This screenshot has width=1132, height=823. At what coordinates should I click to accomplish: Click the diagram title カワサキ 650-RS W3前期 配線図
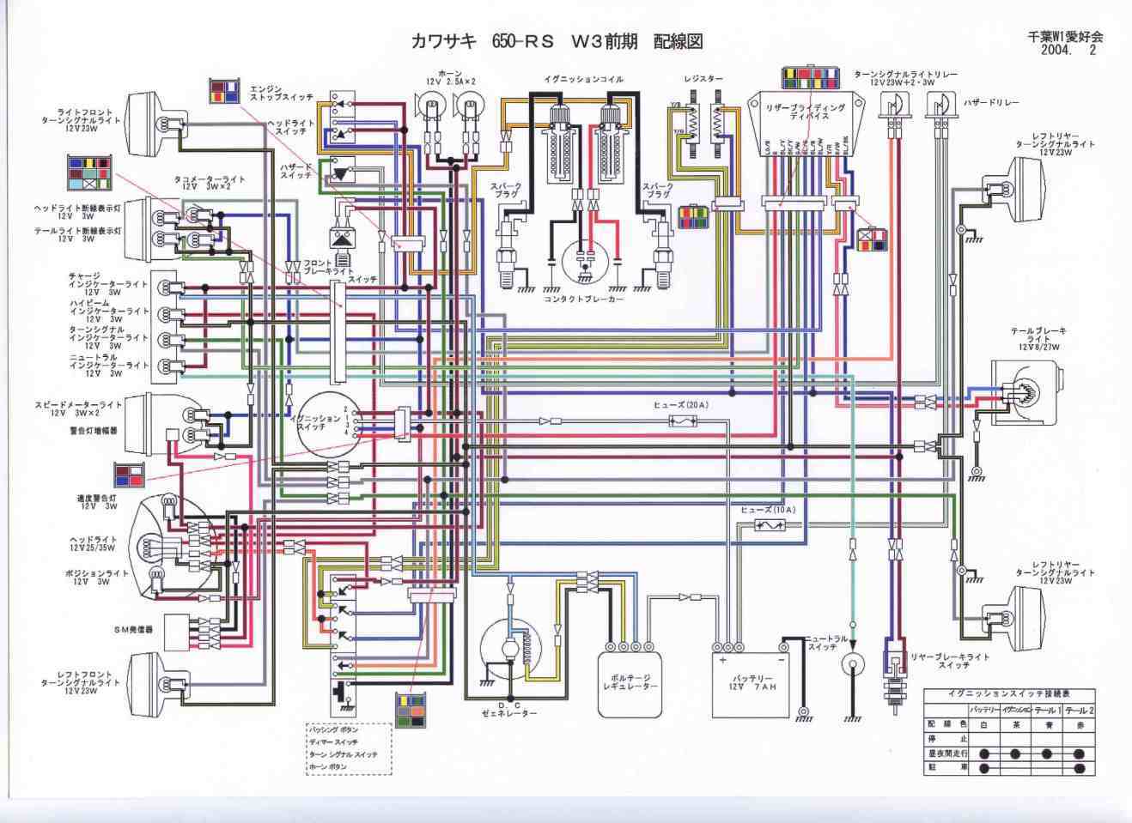pyautogui.click(x=557, y=41)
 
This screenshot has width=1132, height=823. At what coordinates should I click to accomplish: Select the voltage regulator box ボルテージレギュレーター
pyautogui.click(x=630, y=684)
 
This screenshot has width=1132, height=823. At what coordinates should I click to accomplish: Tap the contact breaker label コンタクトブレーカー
pyautogui.click(x=584, y=300)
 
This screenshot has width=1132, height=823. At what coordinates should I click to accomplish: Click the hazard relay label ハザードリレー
pyautogui.click(x=991, y=102)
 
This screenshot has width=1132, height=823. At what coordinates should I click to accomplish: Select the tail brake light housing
pyautogui.click(x=1027, y=392)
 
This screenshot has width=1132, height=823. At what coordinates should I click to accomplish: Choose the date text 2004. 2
pyautogui.click(x=1068, y=50)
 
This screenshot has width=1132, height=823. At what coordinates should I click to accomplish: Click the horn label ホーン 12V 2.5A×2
pyautogui.click(x=451, y=77)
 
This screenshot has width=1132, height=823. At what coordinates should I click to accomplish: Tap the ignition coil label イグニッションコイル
pyautogui.click(x=583, y=79)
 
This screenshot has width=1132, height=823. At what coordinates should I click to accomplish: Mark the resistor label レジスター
pyautogui.click(x=703, y=79)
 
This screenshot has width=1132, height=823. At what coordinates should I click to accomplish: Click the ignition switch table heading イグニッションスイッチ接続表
pyautogui.click(x=1009, y=693)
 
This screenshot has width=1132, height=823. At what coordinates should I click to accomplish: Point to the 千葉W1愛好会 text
pyautogui.click(x=1065, y=37)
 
